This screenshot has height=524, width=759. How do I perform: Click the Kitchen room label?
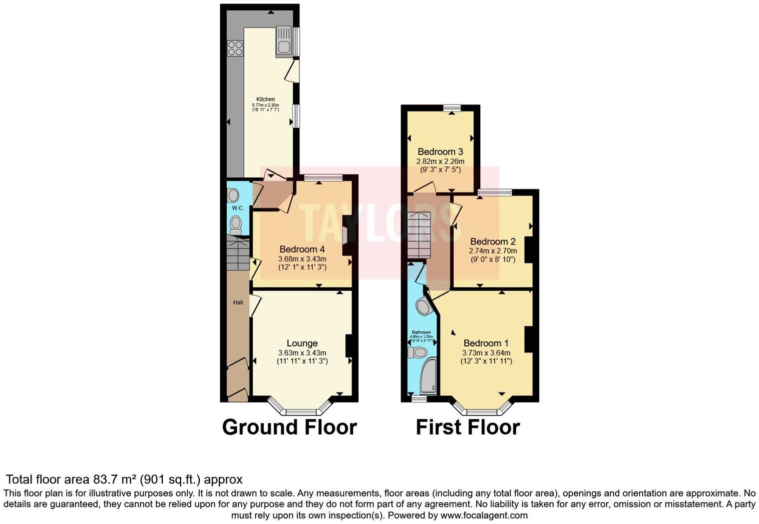(x=266, y=99)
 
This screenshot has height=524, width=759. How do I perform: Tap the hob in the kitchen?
(x=235, y=48)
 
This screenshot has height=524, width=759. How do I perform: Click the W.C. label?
(x=237, y=208)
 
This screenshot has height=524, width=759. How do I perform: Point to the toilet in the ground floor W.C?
(x=236, y=224)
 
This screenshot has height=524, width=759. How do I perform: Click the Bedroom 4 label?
(x=302, y=249)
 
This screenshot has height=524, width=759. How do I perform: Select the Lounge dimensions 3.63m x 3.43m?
(x=302, y=353)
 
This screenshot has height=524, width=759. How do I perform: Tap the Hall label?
(x=238, y=302)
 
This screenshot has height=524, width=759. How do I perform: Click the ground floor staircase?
(x=238, y=255)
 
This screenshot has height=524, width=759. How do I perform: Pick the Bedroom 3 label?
(x=440, y=151)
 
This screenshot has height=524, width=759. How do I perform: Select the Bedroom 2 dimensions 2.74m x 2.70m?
(x=493, y=251)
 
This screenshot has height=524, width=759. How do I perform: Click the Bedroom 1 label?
(x=486, y=343)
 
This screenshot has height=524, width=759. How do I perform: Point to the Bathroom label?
(x=421, y=332)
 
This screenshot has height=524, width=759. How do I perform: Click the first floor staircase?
(x=418, y=235)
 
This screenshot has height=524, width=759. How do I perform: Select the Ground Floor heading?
(x=289, y=427)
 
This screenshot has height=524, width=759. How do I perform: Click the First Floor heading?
(x=468, y=427)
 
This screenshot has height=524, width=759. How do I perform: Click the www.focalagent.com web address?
(x=484, y=515)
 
